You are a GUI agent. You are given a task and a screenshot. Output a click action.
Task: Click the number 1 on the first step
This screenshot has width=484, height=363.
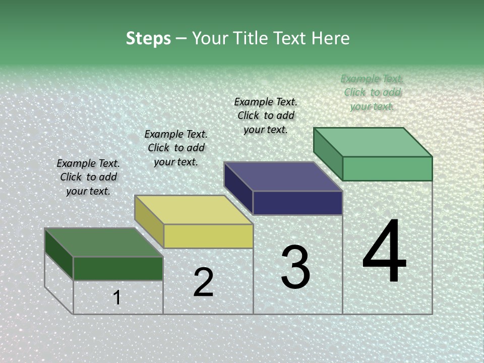tap(117, 297)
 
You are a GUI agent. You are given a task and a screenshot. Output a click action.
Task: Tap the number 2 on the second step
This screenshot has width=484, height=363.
tap(203, 282)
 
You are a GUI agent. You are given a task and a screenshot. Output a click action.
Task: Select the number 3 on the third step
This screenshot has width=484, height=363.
tap(295, 267)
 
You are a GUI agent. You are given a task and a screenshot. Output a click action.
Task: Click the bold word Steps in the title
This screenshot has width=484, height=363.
tap(148, 38)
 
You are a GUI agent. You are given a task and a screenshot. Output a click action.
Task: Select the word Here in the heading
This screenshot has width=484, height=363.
tap(331, 38)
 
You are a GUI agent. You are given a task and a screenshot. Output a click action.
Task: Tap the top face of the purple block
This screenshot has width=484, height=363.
tap(283, 176)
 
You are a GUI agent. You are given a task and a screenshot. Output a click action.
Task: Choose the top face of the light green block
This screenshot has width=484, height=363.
tap(373, 142)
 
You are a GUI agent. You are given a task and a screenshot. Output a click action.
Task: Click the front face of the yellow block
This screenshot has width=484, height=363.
tap(208, 236)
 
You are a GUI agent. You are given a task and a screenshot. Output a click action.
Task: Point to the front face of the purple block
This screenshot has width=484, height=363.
tap(297, 203)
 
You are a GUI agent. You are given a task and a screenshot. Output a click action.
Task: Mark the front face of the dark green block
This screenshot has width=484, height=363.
tap(118, 268)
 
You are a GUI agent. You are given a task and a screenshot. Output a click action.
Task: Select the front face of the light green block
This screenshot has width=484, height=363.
tap(387, 168)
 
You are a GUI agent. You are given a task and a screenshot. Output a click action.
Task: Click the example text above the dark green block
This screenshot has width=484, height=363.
tap(88, 177)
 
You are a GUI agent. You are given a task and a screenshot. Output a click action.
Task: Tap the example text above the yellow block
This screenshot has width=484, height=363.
tap(176, 148)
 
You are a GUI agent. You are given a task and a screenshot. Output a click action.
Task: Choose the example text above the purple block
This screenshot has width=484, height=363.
tap(266, 115)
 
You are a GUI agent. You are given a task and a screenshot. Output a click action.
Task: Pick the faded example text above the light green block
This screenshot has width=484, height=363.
tap(372, 92)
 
